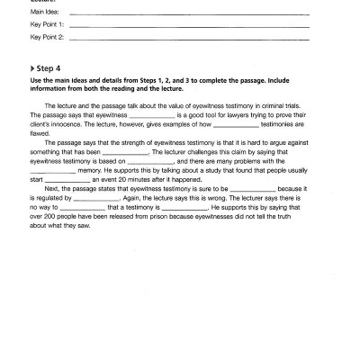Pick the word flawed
point(40,132)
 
